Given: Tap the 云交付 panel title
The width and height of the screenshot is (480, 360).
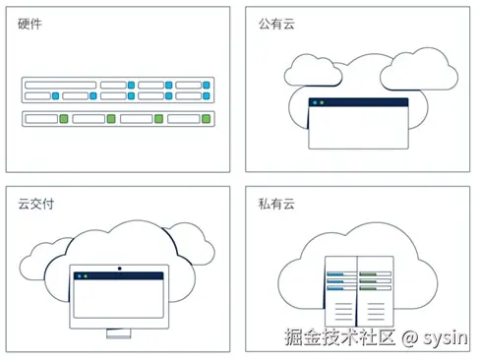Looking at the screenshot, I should pyautogui.click(x=33, y=204).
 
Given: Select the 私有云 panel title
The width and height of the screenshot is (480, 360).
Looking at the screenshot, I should pyautogui.click(x=271, y=204).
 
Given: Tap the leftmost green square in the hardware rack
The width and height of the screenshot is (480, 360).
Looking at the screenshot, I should pyautogui.click(x=63, y=119).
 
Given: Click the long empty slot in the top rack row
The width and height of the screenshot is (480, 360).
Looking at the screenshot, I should pyautogui.click(x=60, y=85).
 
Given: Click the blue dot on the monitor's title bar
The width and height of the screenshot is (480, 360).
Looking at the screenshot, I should pyautogui.click(x=78, y=277).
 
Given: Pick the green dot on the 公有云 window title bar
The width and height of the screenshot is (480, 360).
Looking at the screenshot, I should pyautogui.click(x=322, y=102).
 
